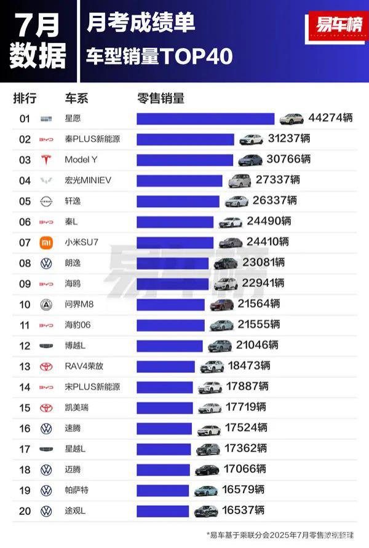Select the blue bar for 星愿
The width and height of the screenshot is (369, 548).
[x=205, y=119]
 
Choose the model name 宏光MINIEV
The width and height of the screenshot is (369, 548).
[x=89, y=180]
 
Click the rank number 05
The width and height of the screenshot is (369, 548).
[x=25, y=201]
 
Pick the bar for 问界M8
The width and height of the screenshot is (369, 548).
[x=170, y=304]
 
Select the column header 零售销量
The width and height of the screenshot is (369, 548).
[x=161, y=98]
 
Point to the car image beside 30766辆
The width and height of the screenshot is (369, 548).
[x=250, y=160]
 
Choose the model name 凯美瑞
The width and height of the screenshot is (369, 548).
[x=77, y=407]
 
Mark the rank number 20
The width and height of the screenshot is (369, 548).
[x=25, y=511]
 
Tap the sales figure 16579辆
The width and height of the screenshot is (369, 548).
[x=243, y=490]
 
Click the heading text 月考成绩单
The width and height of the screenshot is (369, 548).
[x=141, y=23]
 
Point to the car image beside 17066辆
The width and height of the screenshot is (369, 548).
[x=207, y=469]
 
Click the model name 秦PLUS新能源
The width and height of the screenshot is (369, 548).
[x=92, y=139]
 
